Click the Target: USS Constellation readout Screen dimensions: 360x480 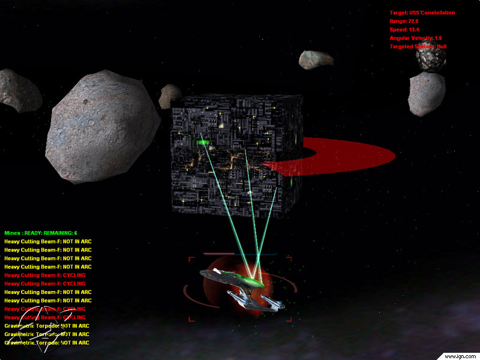click(x=422, y=13)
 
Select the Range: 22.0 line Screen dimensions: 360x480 click(x=404, y=21)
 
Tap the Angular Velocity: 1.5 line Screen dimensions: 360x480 click(x=415, y=38)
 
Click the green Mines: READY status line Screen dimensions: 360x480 click(x=41, y=233)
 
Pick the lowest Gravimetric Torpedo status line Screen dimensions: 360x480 click(x=47, y=343)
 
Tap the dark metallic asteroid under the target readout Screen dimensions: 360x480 click(x=431, y=59)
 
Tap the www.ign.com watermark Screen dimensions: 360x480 click(x=459, y=355)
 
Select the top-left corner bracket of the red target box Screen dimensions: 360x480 click(x=191, y=260)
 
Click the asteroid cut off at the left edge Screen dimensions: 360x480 click(x=18, y=90)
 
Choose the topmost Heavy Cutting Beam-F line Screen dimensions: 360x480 click(x=48, y=241)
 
